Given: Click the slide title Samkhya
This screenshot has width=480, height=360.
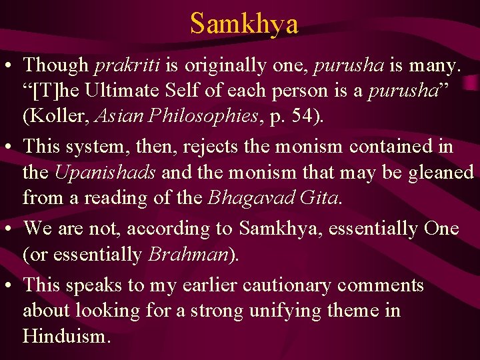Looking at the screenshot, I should tap(244, 23).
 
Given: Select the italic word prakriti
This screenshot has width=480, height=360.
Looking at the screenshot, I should tap(122, 65).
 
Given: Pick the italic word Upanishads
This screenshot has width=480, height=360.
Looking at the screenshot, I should tap(105, 172).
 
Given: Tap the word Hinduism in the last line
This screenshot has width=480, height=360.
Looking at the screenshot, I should tap(64, 336).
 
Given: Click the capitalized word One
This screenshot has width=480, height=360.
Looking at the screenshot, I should tap(441, 228).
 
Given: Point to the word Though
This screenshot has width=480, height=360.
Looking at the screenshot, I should tap(56, 65).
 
